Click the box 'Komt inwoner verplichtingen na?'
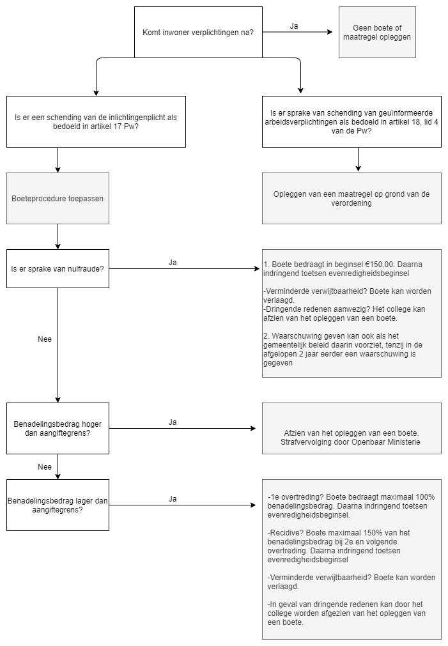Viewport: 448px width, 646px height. click(x=198, y=32)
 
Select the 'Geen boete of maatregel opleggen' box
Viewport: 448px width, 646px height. click(x=377, y=32)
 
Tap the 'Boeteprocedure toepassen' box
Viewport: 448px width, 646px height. click(x=58, y=198)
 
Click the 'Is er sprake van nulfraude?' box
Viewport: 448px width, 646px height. click(x=58, y=268)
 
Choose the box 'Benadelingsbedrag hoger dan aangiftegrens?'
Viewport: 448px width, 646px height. click(x=58, y=429)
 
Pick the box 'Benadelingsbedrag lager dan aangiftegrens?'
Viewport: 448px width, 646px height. click(x=58, y=505)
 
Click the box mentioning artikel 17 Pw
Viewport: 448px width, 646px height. click(x=96, y=121)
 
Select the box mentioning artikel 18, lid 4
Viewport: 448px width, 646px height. click(x=351, y=121)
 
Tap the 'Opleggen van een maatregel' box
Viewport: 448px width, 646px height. click(x=351, y=198)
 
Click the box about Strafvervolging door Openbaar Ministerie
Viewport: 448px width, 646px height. click(x=351, y=429)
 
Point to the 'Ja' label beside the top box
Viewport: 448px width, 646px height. click(x=294, y=26)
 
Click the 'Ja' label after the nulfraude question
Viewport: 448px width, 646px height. click(x=173, y=263)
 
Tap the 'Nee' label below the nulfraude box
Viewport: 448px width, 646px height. click(x=45, y=339)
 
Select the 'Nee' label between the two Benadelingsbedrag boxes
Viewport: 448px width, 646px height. click(x=45, y=467)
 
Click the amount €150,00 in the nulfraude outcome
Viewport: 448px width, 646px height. click(x=380, y=265)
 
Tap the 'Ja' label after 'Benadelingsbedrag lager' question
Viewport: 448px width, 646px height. click(x=173, y=499)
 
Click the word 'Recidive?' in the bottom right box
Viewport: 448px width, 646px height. click(x=287, y=533)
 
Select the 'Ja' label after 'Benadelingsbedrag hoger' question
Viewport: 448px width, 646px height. click(x=173, y=422)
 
